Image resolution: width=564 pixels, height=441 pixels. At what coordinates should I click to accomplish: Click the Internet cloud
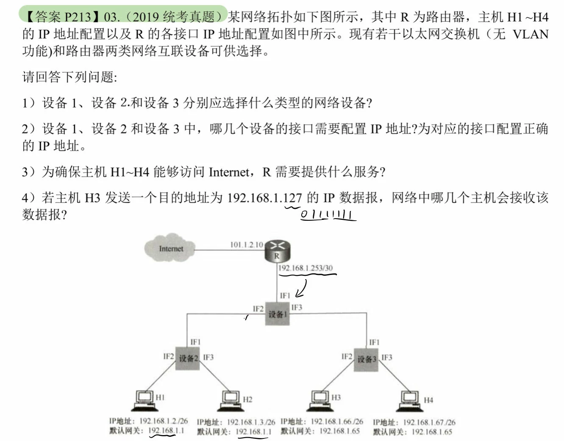pyautogui.click(x=170, y=248)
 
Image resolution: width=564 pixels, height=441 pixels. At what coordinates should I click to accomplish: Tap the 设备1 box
pyautogui.click(x=277, y=314)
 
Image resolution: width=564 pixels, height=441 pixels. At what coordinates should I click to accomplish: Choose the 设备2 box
pyautogui.click(x=188, y=358)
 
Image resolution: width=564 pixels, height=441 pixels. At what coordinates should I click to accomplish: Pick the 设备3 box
pyautogui.click(x=366, y=359)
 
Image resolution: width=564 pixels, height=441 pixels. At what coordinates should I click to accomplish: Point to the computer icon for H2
pyautogui.click(x=231, y=401)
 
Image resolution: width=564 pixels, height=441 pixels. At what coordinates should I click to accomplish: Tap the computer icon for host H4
pyautogui.click(x=410, y=401)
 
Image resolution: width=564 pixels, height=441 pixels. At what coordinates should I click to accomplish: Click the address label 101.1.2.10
pyautogui.click(x=246, y=245)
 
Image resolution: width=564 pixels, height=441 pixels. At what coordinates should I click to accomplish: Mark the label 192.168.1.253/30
pyautogui.click(x=306, y=268)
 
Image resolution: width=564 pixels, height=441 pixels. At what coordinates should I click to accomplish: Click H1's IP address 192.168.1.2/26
pyautogui.click(x=164, y=421)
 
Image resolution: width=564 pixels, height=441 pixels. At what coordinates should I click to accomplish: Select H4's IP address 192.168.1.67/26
pyautogui.click(x=429, y=422)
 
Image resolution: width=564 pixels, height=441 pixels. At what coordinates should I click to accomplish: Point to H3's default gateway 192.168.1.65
pyautogui.click(x=339, y=431)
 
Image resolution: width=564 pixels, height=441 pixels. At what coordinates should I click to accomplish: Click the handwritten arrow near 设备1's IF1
pyautogui.click(x=302, y=289)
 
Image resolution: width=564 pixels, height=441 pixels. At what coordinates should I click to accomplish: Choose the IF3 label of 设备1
pyautogui.click(x=297, y=308)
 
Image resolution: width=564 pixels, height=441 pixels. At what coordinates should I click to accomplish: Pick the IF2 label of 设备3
pyautogui.click(x=347, y=357)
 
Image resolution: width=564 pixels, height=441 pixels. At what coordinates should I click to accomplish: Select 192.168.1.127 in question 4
pyautogui.click(x=264, y=197)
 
